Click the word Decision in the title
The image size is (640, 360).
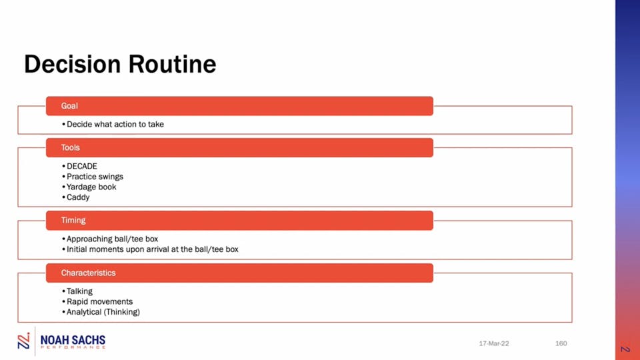[72, 64]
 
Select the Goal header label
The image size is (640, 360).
[69, 106]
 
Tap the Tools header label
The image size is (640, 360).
[70, 147]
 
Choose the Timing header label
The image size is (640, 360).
[73, 221]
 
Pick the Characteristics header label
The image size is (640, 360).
[88, 273]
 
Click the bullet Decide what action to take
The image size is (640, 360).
[113, 124]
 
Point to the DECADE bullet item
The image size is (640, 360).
[79, 166]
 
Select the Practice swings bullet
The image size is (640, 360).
[93, 177]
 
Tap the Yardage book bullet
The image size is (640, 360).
[89, 187]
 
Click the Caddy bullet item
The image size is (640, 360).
[76, 197]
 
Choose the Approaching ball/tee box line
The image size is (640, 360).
[110, 239]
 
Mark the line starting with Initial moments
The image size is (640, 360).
[150, 249]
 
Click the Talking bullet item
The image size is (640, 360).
[77, 291]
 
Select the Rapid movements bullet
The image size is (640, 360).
[97, 301]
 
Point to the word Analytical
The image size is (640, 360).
[84, 312]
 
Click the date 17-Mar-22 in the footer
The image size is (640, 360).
[494, 343]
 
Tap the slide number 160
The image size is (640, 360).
[561, 343]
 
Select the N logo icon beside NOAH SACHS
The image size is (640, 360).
[24, 341]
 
